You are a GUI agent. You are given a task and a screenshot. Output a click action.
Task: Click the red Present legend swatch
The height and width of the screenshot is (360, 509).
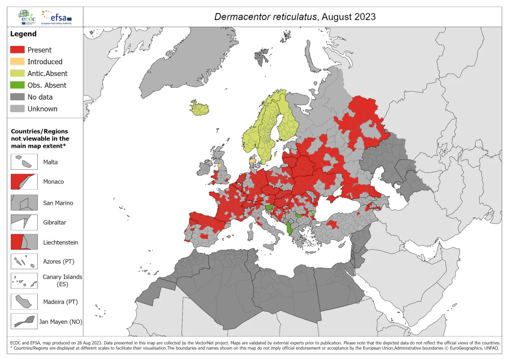17,50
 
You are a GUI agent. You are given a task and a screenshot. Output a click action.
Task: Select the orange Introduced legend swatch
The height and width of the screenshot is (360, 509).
17,62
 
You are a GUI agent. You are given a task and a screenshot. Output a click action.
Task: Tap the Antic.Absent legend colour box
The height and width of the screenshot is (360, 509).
17,73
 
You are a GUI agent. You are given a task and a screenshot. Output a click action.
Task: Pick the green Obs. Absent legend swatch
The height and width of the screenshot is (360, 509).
17,85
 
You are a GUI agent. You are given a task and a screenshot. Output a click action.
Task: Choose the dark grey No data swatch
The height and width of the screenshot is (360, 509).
17,97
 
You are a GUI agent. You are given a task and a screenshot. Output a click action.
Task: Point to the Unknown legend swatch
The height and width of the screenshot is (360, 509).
17,109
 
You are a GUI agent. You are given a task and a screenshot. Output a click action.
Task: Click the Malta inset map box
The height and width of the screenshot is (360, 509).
24,162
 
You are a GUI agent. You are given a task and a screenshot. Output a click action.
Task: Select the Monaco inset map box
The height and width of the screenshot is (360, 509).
24,182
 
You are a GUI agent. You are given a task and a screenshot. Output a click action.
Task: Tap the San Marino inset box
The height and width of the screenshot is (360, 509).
24,203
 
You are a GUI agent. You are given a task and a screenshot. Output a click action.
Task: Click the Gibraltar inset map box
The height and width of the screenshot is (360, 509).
24,222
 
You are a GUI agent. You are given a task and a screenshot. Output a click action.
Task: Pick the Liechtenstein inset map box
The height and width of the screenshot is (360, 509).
24,242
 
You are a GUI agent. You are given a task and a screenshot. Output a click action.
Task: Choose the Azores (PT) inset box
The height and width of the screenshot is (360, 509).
24,261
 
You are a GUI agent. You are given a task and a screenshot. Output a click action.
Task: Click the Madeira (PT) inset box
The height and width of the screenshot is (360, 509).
24,302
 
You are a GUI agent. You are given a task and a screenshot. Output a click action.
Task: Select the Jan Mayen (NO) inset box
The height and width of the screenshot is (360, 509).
24,321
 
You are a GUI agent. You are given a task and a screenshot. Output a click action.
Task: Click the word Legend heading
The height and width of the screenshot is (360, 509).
23,34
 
